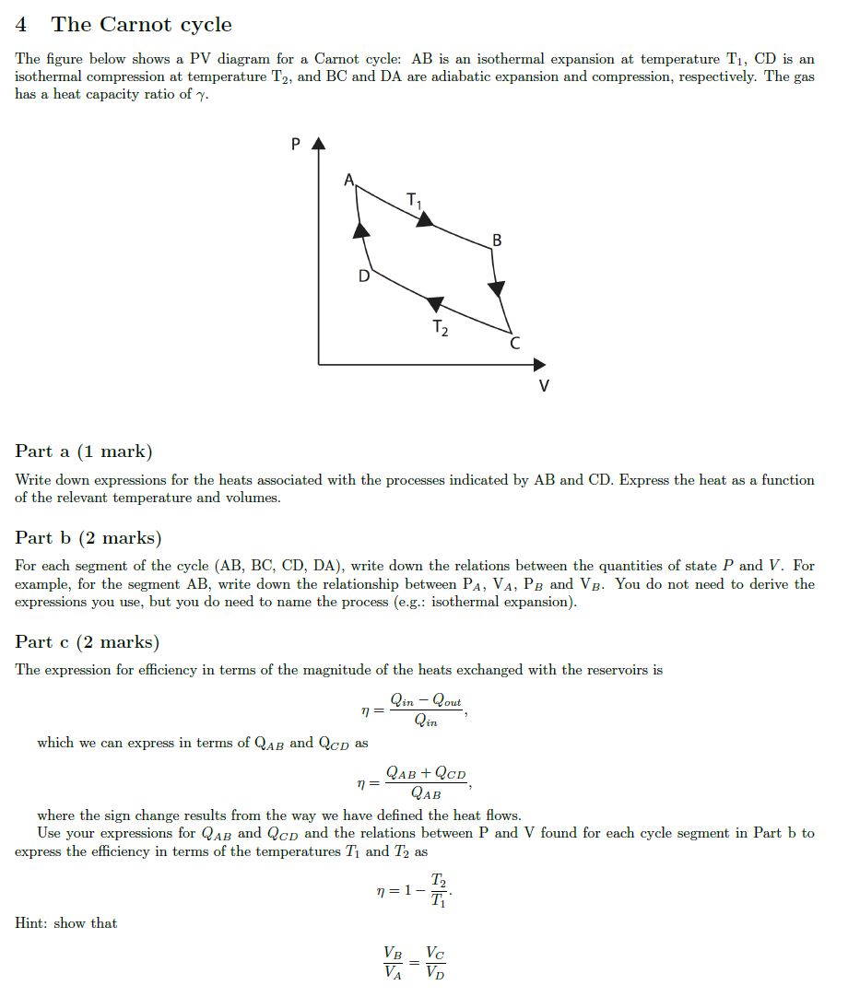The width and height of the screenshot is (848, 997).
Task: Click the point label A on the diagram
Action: pyautogui.click(x=349, y=181)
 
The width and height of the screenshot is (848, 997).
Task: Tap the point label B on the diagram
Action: pyautogui.click(x=498, y=240)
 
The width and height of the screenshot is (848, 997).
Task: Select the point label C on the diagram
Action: pyautogui.click(x=514, y=344)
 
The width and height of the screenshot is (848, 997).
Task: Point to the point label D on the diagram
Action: pyautogui.click(x=364, y=276)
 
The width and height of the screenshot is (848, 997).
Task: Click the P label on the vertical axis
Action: pyautogui.click(x=295, y=144)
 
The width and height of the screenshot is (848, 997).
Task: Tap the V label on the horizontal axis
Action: pyautogui.click(x=544, y=385)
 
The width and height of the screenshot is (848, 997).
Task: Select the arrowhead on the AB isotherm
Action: pyautogui.click(x=423, y=219)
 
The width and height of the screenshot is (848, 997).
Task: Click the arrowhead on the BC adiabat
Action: pyautogui.click(x=497, y=289)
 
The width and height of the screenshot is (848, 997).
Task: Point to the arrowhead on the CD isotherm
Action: pyautogui.click(x=435, y=302)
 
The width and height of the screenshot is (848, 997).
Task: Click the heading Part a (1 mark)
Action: pyautogui.click(x=84, y=452)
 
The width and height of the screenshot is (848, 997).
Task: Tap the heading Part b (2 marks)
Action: pyautogui.click(x=88, y=537)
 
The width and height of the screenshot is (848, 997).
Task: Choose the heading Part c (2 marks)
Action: pyautogui.click(x=88, y=642)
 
